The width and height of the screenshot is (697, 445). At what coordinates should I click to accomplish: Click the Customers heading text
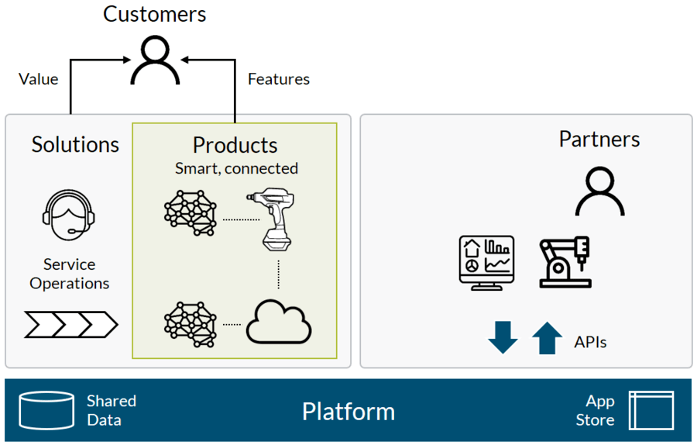[x=155, y=14]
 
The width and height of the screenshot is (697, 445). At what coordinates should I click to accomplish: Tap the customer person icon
[x=155, y=50]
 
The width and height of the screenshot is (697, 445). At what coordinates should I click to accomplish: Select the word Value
[x=38, y=79]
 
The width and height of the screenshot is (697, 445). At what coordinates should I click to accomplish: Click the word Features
[x=279, y=79]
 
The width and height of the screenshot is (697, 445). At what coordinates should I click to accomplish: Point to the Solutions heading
[x=75, y=145]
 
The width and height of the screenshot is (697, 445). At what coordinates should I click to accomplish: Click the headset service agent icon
[x=69, y=215]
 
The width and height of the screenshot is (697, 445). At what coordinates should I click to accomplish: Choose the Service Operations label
[x=70, y=274]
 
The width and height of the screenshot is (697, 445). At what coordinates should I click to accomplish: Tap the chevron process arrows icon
[x=71, y=324]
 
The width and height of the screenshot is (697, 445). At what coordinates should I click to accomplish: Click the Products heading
[x=235, y=145]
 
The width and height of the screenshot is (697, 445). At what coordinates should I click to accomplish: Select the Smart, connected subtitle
[x=236, y=169]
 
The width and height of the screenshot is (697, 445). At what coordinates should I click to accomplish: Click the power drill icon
[x=271, y=219]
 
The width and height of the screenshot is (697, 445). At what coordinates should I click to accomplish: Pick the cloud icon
[x=279, y=323]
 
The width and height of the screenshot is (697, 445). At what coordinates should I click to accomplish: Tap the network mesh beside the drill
[x=191, y=213]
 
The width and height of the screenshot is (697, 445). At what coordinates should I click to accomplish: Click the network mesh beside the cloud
[x=191, y=324]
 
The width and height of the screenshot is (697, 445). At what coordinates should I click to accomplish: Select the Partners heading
[x=599, y=140]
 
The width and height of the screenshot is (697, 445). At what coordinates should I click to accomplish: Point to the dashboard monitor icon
[x=487, y=263]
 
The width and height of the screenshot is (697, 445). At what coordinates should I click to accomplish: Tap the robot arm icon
[x=565, y=262]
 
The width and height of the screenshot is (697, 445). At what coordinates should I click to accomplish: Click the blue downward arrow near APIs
[x=503, y=338]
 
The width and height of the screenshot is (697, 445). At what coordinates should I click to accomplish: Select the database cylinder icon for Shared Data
[x=46, y=410]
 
